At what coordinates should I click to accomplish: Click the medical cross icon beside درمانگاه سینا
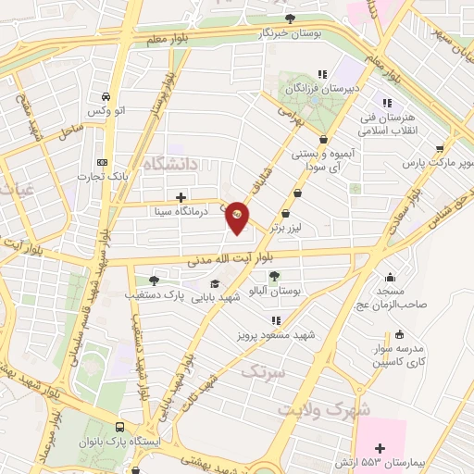coord(181,197)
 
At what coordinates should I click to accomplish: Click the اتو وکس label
coord(106,112)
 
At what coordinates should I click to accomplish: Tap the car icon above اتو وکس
coord(106,97)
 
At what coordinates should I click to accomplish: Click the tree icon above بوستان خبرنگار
coord(291,17)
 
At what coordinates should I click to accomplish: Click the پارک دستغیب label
coord(153,295)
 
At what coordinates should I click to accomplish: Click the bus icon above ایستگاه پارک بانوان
coord(120,428)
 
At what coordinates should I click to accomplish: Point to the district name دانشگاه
coord(175,165)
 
